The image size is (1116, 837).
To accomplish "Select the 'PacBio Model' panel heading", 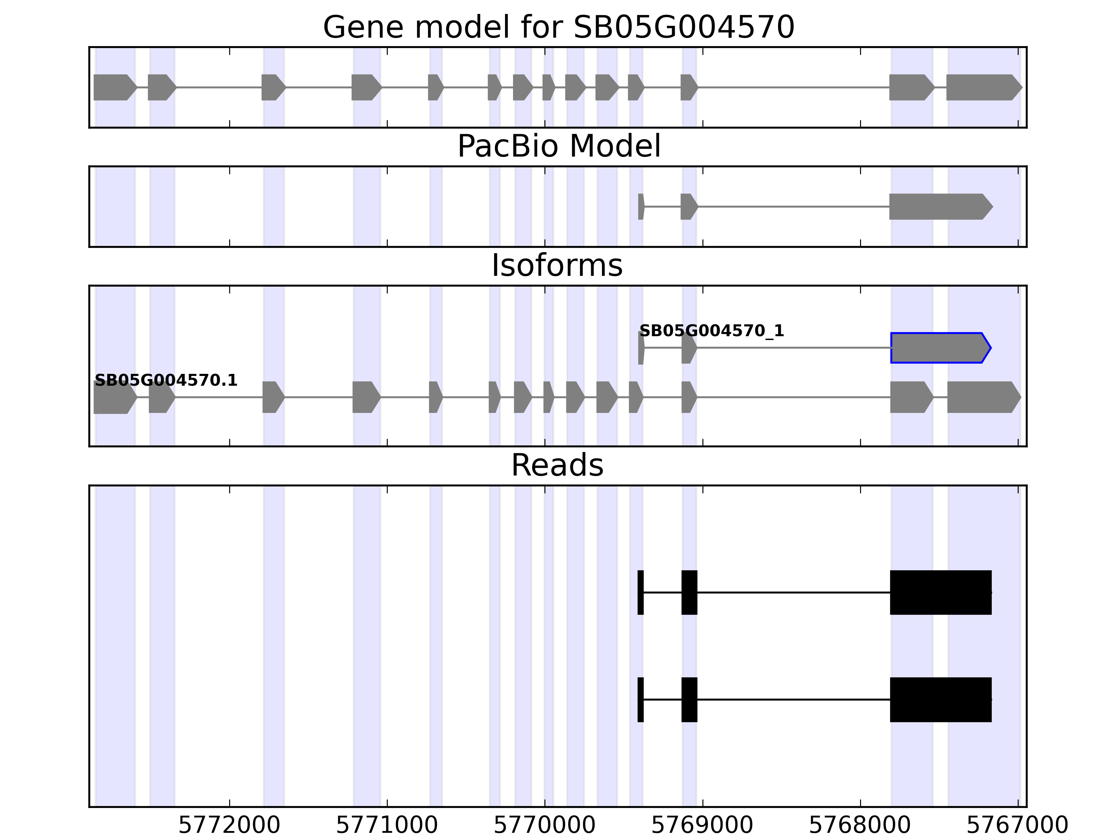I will (558, 146).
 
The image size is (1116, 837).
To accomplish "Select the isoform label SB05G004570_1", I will (711, 331).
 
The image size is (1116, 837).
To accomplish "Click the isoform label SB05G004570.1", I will (166, 380).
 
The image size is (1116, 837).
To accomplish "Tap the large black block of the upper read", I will (941, 592).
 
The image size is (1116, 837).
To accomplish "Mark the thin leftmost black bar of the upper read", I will (640, 592).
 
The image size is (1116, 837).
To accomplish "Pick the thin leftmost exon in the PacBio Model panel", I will (641, 206).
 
